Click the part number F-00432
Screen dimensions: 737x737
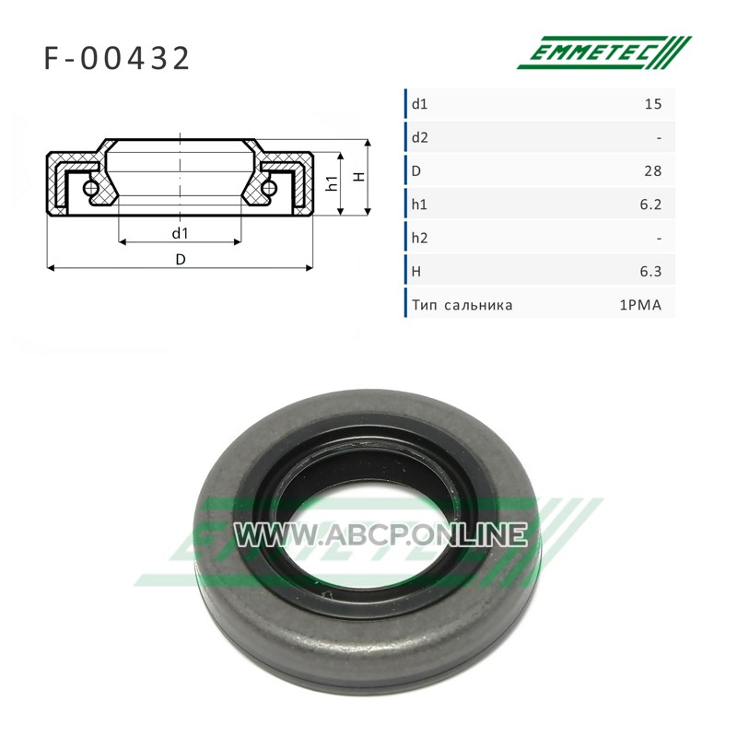[x=117, y=58]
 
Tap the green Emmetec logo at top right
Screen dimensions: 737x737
[x=604, y=53]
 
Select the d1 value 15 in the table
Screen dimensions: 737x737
[x=653, y=104]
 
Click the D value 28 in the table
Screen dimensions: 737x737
[x=653, y=170]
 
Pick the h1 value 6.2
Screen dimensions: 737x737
[x=650, y=205]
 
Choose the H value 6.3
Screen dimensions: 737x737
[x=650, y=271]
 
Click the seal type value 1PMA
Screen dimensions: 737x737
[x=640, y=306]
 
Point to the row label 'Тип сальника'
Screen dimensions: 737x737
[x=462, y=306]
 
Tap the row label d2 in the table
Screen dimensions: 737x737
[x=420, y=137]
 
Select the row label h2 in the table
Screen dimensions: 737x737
[x=420, y=238]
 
